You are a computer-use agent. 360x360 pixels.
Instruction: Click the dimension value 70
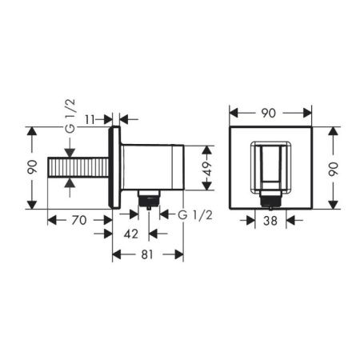point(78,218)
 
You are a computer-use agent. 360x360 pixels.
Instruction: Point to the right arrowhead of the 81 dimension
point(181,254)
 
